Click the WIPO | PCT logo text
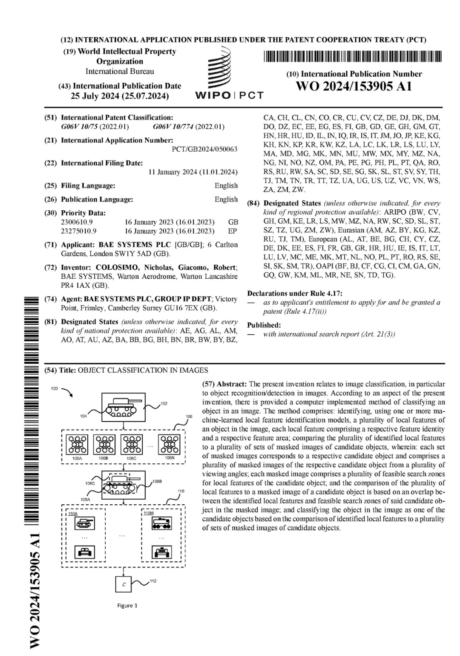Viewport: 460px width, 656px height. (229, 95)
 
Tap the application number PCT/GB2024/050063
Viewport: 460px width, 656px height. (204, 149)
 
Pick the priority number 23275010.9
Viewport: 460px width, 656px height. (79, 231)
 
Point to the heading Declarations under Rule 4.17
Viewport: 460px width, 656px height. (294, 293)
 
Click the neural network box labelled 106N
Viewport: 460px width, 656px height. (169, 444)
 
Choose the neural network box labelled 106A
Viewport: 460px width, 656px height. (78, 444)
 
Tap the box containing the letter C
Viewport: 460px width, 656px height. (124, 584)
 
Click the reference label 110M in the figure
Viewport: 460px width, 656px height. (149, 513)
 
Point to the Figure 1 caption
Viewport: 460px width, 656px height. (127, 606)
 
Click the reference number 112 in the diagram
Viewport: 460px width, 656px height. (153, 581)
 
